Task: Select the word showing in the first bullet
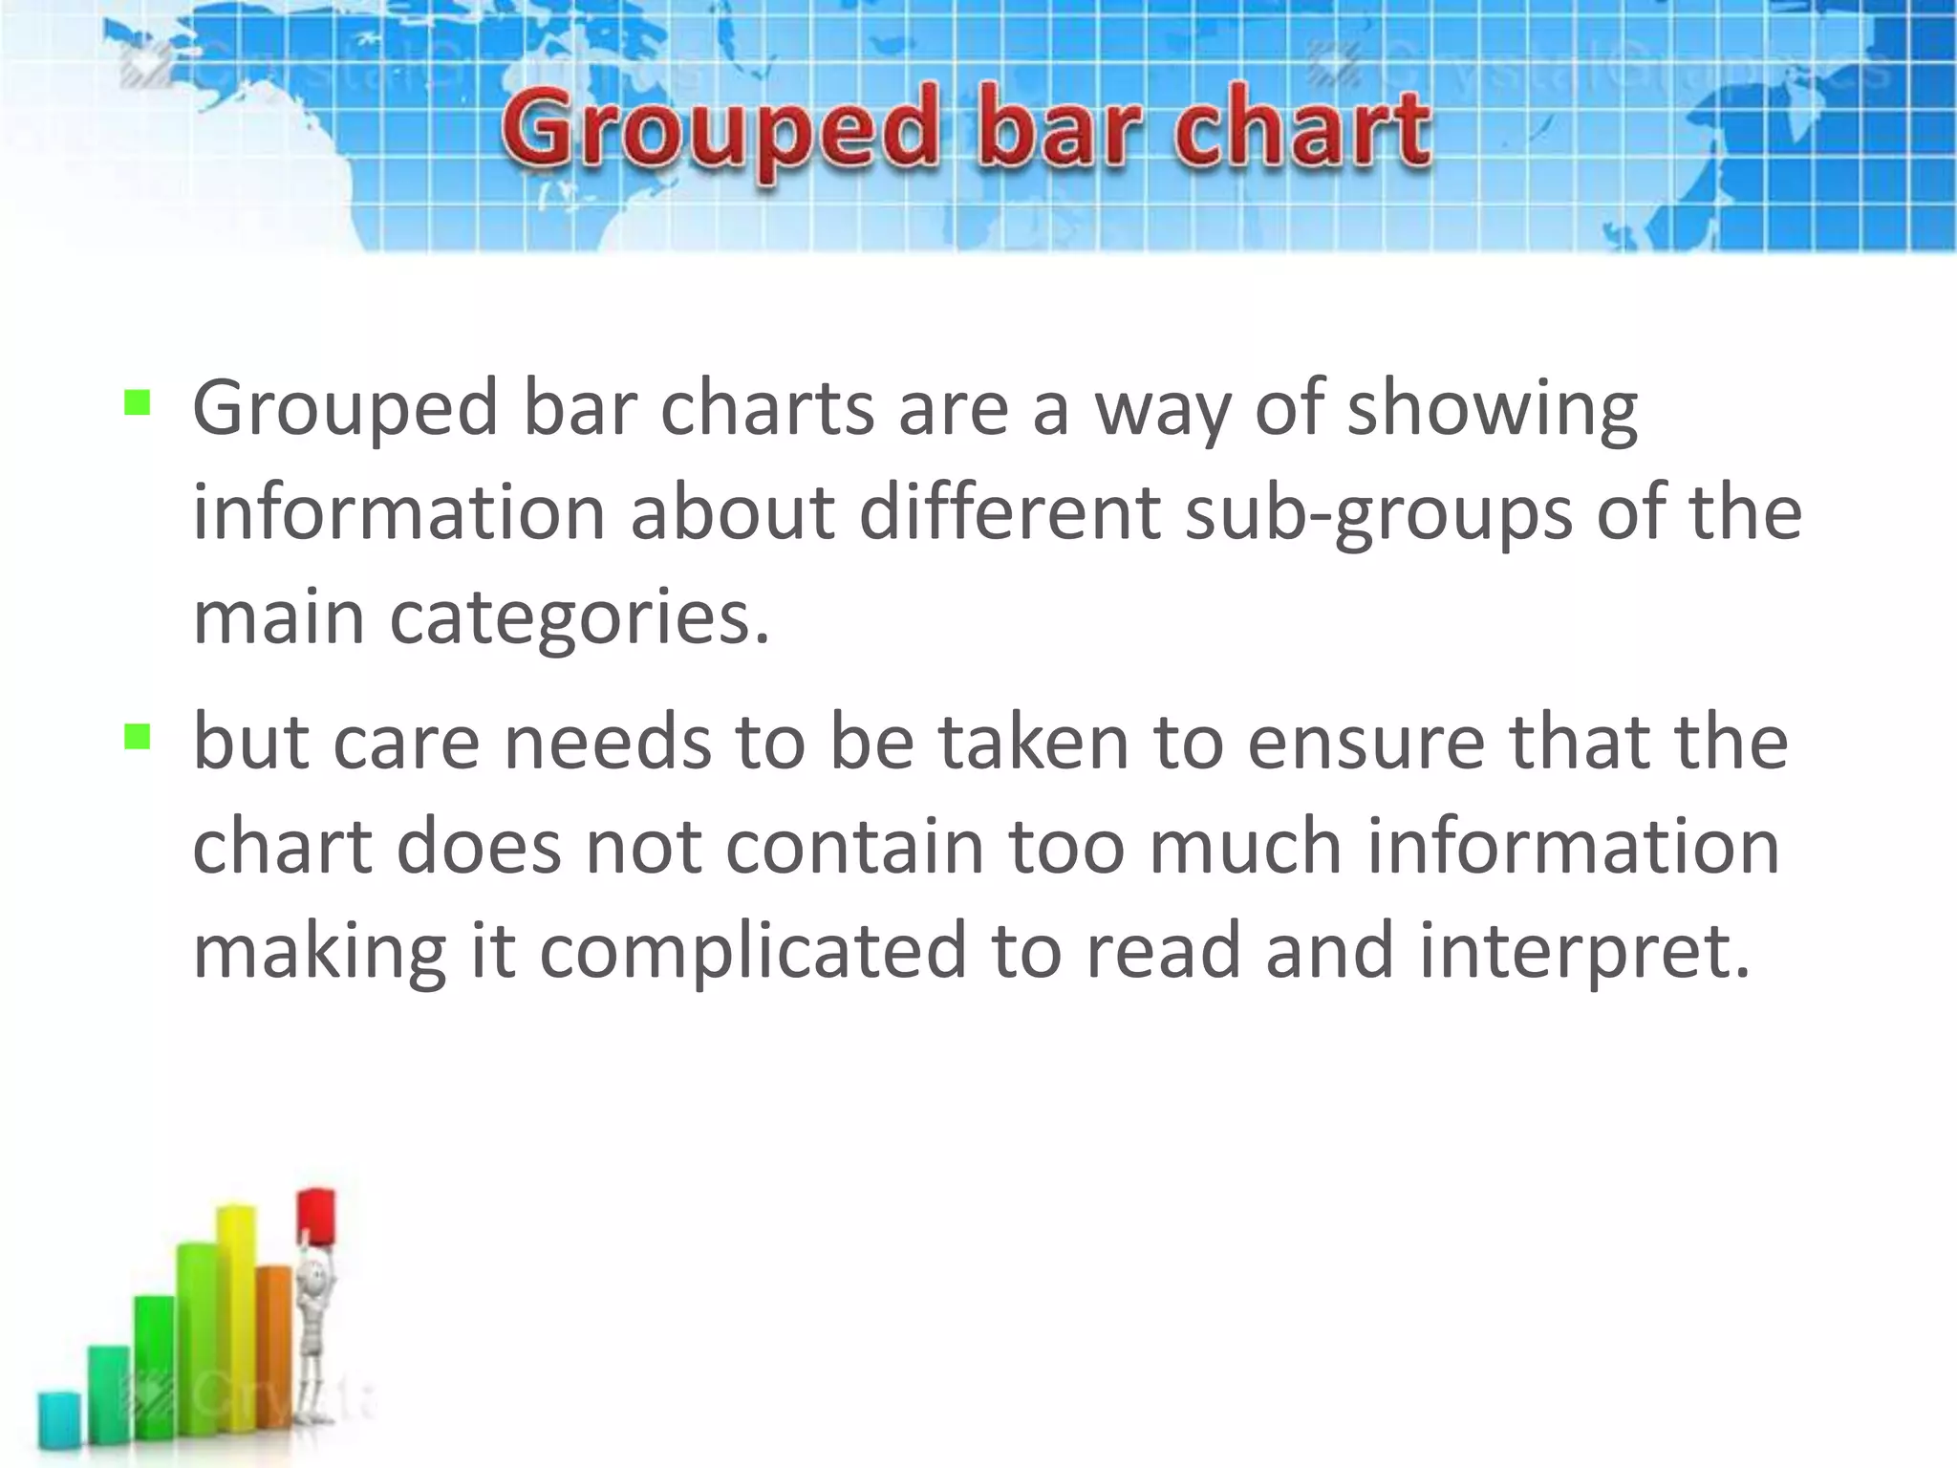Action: tap(1493, 409)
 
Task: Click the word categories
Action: tap(578, 619)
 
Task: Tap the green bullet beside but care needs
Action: tap(138, 736)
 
